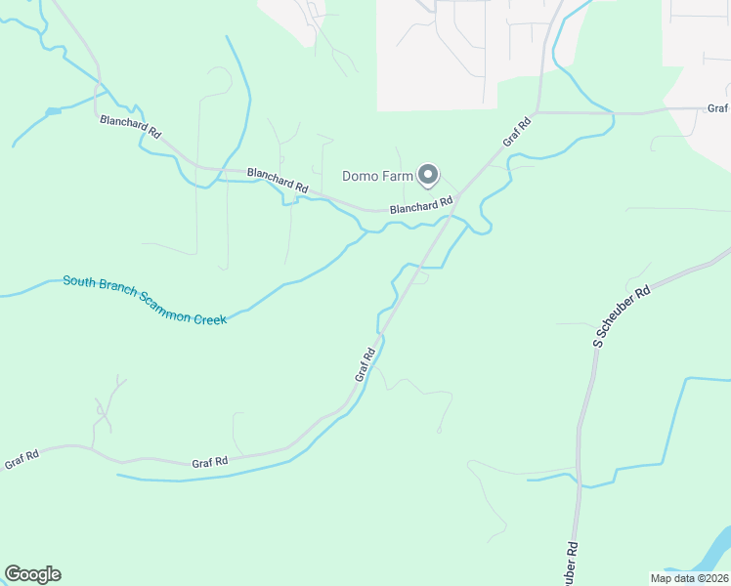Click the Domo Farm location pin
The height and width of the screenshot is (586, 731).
coord(427,175)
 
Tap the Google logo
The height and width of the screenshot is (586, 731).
coord(32,573)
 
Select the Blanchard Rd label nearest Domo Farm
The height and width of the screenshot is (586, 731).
coord(420,206)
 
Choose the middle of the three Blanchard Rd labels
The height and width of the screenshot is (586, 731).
coord(278,180)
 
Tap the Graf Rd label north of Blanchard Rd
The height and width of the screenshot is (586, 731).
coord(517,132)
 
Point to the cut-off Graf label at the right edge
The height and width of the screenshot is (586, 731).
coord(718,109)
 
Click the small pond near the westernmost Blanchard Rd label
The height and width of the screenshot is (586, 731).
coord(53,112)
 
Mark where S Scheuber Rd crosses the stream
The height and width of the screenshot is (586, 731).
coord(580,481)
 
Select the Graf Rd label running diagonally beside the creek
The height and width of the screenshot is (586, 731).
coord(365,364)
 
